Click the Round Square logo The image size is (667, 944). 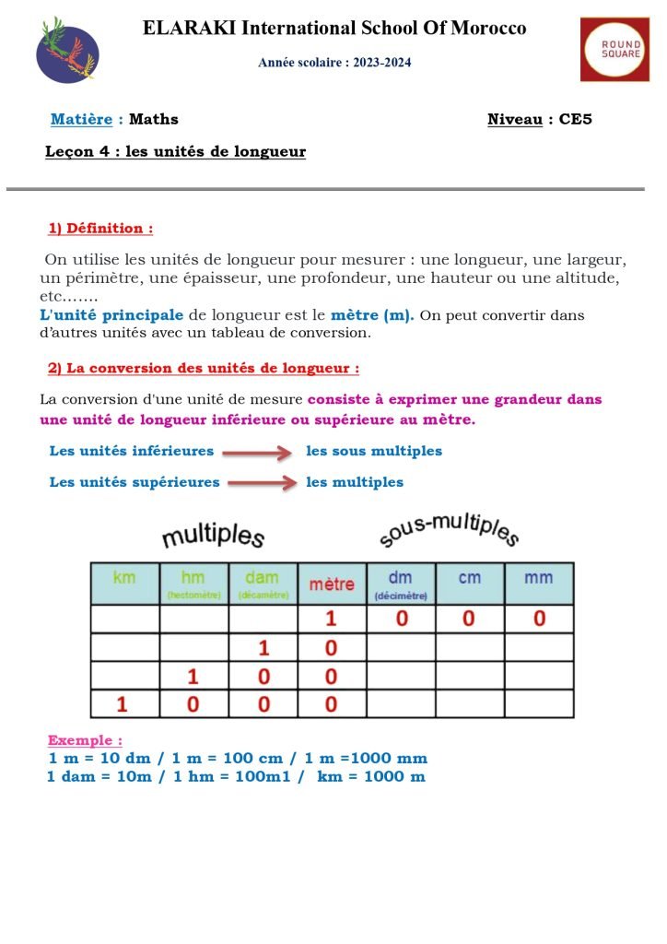(614, 49)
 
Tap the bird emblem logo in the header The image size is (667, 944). (67, 50)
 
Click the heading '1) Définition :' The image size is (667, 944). (100, 228)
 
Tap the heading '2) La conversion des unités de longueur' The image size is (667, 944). (203, 368)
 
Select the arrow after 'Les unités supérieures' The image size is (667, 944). (263, 482)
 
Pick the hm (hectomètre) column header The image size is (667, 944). (193, 583)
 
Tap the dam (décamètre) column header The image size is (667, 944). (263, 583)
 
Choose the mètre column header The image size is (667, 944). (332, 584)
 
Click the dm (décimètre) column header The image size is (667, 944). (401, 583)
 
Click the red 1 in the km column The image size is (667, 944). (121, 705)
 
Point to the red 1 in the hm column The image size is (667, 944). (193, 677)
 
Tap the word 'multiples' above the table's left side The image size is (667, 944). (213, 536)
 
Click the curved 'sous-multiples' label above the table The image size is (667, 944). (449, 530)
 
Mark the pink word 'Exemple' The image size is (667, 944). (84, 740)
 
